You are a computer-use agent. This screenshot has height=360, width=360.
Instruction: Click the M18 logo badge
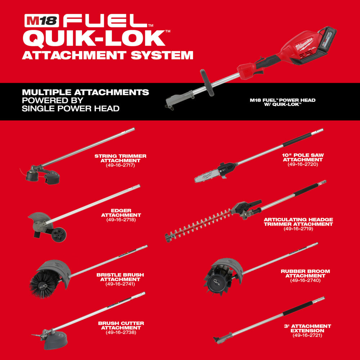coord(42,21)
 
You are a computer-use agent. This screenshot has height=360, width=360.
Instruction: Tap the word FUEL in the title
coord(105,21)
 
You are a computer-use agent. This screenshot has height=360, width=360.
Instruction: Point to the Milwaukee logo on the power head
coord(304,44)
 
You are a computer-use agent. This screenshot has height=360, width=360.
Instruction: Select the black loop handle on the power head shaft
coord(207,82)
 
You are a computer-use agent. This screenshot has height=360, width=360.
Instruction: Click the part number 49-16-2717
coord(120,165)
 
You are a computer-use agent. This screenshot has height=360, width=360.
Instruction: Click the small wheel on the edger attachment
coord(59,235)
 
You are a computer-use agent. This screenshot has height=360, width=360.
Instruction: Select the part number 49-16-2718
coord(121,220)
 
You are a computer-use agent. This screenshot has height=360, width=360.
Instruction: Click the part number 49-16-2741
coord(120,284)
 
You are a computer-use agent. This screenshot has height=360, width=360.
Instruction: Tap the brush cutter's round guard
coord(55,341)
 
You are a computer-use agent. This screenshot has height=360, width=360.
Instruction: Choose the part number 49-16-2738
coord(121,332)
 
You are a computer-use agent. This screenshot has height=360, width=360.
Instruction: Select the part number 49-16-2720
coord(303,165)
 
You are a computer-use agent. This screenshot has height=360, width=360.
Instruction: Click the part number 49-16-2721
coord(307,336)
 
